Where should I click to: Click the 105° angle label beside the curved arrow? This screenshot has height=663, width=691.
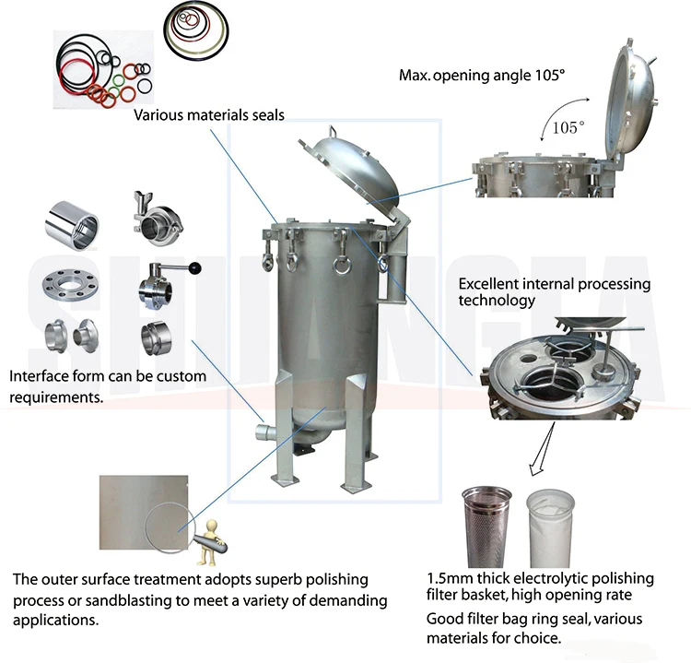click(x=568, y=128)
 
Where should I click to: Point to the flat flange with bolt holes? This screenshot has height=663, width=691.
click(x=67, y=283)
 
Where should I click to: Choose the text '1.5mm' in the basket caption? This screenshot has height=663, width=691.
click(x=448, y=579)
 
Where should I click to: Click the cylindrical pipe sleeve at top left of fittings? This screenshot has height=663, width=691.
click(x=71, y=224)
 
